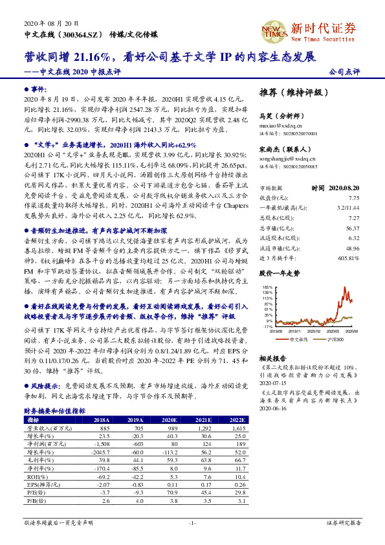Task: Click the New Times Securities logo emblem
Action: pos(272,30)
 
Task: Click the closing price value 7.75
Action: pos(353,179)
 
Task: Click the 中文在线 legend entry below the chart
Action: pos(297,338)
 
